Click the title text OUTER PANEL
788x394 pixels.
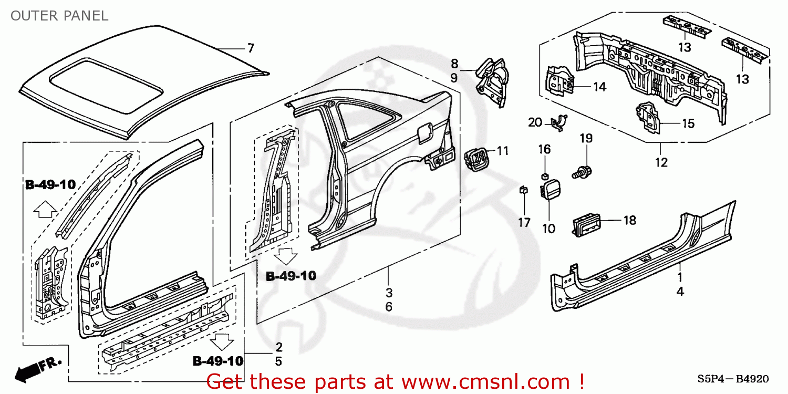[x=59, y=16]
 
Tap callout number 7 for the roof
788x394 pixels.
[x=251, y=48]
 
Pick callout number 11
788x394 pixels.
[x=503, y=151]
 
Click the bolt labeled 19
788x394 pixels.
[x=582, y=171]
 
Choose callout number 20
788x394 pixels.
[x=535, y=122]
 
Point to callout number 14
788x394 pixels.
[x=599, y=87]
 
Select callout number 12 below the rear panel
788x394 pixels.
[x=661, y=163]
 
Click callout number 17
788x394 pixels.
[x=524, y=223]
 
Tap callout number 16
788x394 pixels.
[x=544, y=150]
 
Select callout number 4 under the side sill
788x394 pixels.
[x=680, y=292]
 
